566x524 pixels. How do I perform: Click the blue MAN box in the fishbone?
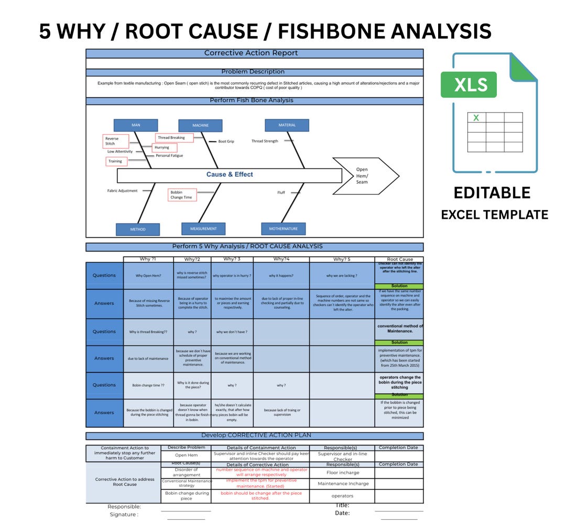(136, 125)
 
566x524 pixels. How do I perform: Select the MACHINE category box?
(200, 126)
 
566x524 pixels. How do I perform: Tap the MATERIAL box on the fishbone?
(287, 125)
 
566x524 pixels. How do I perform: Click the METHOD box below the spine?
(138, 229)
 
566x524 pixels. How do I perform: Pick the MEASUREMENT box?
(203, 228)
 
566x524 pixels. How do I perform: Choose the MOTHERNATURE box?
(283, 229)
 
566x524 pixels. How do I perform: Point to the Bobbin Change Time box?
(182, 195)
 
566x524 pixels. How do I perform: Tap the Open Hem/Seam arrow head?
(366, 176)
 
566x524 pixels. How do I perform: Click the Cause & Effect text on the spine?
(230, 174)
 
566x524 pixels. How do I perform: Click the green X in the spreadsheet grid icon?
(476, 118)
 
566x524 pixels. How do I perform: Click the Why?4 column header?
(281, 259)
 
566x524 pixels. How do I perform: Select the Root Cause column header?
(399, 259)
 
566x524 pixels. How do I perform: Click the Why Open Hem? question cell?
(148, 276)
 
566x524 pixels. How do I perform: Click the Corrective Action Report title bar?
(255, 53)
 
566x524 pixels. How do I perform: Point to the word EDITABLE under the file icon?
(492, 193)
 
